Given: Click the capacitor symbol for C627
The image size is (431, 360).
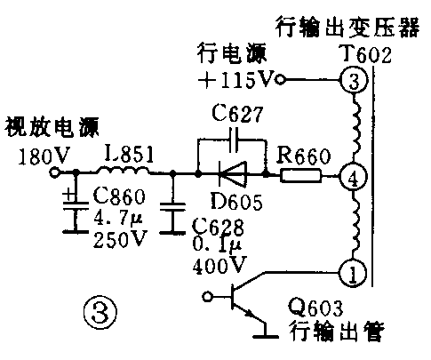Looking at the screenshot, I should coord(233,139).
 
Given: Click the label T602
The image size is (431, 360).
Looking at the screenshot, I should coord(365,55).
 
